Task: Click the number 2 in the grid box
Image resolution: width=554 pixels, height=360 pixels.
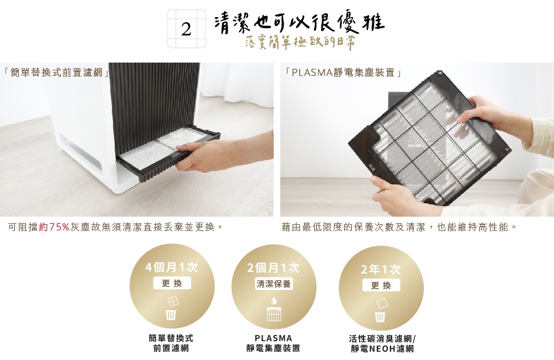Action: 186,29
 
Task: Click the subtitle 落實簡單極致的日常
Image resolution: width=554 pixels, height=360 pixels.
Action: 300,43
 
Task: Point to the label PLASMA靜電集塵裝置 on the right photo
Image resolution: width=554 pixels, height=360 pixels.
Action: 343,73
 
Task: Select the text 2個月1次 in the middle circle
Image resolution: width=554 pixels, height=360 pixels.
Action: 274,268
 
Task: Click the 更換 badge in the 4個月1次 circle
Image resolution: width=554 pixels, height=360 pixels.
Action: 172,284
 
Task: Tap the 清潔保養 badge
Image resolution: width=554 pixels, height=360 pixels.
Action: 274,284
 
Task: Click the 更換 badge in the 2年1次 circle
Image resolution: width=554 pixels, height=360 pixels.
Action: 381,286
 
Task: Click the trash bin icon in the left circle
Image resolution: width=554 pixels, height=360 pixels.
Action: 172,315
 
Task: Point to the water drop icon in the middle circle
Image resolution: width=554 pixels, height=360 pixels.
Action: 274,300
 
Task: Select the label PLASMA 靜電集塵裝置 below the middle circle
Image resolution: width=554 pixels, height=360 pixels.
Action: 273,343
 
